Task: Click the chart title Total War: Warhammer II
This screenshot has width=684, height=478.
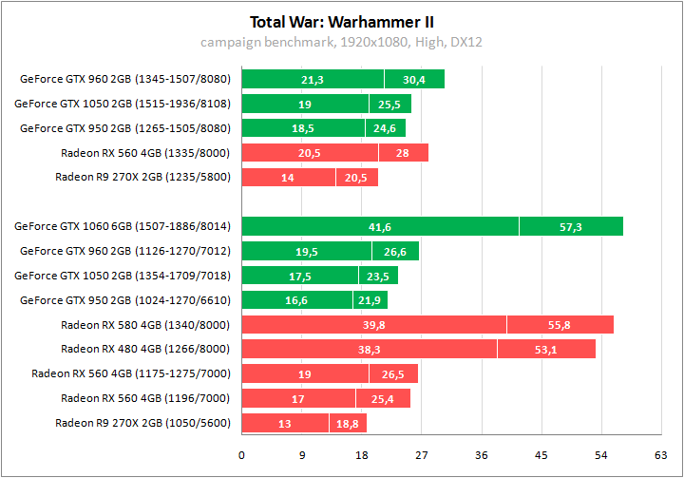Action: [x=342, y=21]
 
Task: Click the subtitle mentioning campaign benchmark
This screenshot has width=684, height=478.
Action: [x=342, y=42]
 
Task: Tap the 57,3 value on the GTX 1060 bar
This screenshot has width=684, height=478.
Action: [x=571, y=226]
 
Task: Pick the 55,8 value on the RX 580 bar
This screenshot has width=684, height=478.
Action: [x=560, y=325]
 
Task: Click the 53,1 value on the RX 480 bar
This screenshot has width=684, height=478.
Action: [x=546, y=350]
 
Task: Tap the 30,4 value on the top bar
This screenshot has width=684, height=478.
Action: [x=414, y=80]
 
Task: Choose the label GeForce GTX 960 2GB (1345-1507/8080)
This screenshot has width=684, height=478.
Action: [x=124, y=79]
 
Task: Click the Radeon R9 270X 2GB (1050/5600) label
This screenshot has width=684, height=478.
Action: [x=142, y=423]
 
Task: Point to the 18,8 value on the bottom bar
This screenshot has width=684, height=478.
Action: [x=348, y=424]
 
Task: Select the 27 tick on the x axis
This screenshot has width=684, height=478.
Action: [x=422, y=455]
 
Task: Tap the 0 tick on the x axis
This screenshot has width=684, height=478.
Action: [x=242, y=455]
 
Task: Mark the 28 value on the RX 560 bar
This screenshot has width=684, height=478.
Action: [x=403, y=153]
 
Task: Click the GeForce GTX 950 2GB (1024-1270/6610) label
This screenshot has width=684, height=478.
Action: [x=124, y=300]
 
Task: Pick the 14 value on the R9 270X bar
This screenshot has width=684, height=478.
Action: [x=289, y=178]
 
